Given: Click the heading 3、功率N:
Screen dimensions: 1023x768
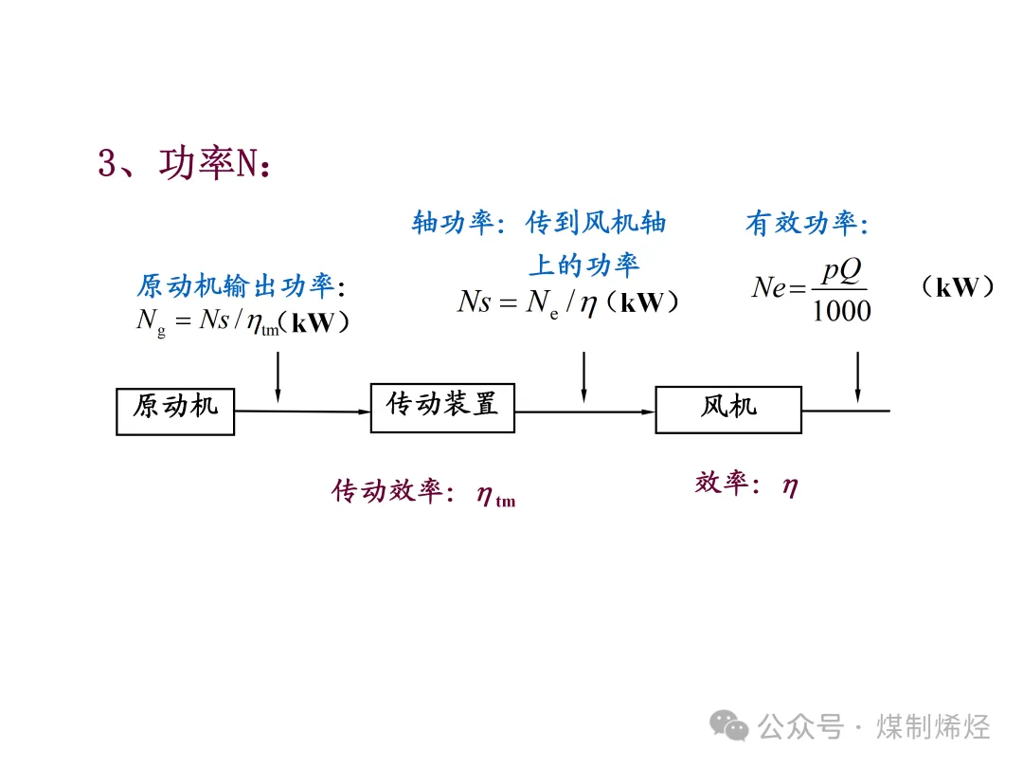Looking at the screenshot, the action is click(x=185, y=163).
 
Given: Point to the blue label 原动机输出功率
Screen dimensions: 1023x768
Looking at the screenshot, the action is click(x=236, y=286).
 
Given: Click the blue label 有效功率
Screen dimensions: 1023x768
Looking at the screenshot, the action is click(x=802, y=224).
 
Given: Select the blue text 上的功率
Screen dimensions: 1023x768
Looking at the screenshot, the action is click(x=583, y=265).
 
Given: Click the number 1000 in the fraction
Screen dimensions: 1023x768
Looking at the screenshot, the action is click(x=842, y=311).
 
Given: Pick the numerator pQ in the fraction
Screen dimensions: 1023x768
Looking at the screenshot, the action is click(x=842, y=270).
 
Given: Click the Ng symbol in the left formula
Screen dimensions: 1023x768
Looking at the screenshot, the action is click(x=151, y=322).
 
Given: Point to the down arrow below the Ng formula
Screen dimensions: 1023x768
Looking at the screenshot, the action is click(x=278, y=377).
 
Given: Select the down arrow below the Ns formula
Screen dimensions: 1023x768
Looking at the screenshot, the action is click(x=583, y=377).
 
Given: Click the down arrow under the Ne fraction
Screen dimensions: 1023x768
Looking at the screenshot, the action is click(x=858, y=377).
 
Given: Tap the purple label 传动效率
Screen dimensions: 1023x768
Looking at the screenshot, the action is click(x=387, y=491).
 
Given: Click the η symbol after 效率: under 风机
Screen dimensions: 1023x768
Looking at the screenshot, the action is click(x=790, y=486).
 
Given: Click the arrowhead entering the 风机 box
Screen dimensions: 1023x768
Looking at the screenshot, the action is click(x=649, y=411).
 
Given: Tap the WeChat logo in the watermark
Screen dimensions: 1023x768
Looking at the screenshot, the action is click(x=728, y=725).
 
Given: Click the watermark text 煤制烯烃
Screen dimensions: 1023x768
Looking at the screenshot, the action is click(x=933, y=727).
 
